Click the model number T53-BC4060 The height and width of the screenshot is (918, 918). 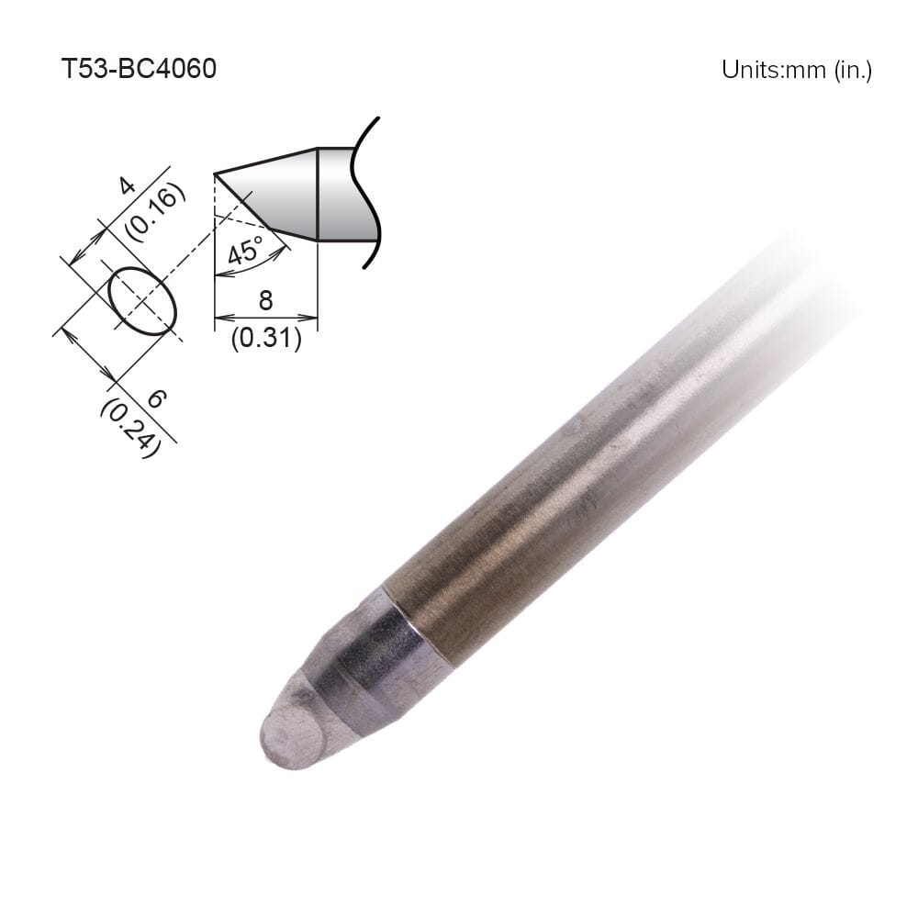coord(138,69)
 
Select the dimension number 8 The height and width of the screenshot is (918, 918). coord(265,301)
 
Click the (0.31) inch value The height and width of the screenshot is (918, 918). coord(265,339)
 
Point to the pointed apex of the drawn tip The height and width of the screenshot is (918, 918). coord(216,174)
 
